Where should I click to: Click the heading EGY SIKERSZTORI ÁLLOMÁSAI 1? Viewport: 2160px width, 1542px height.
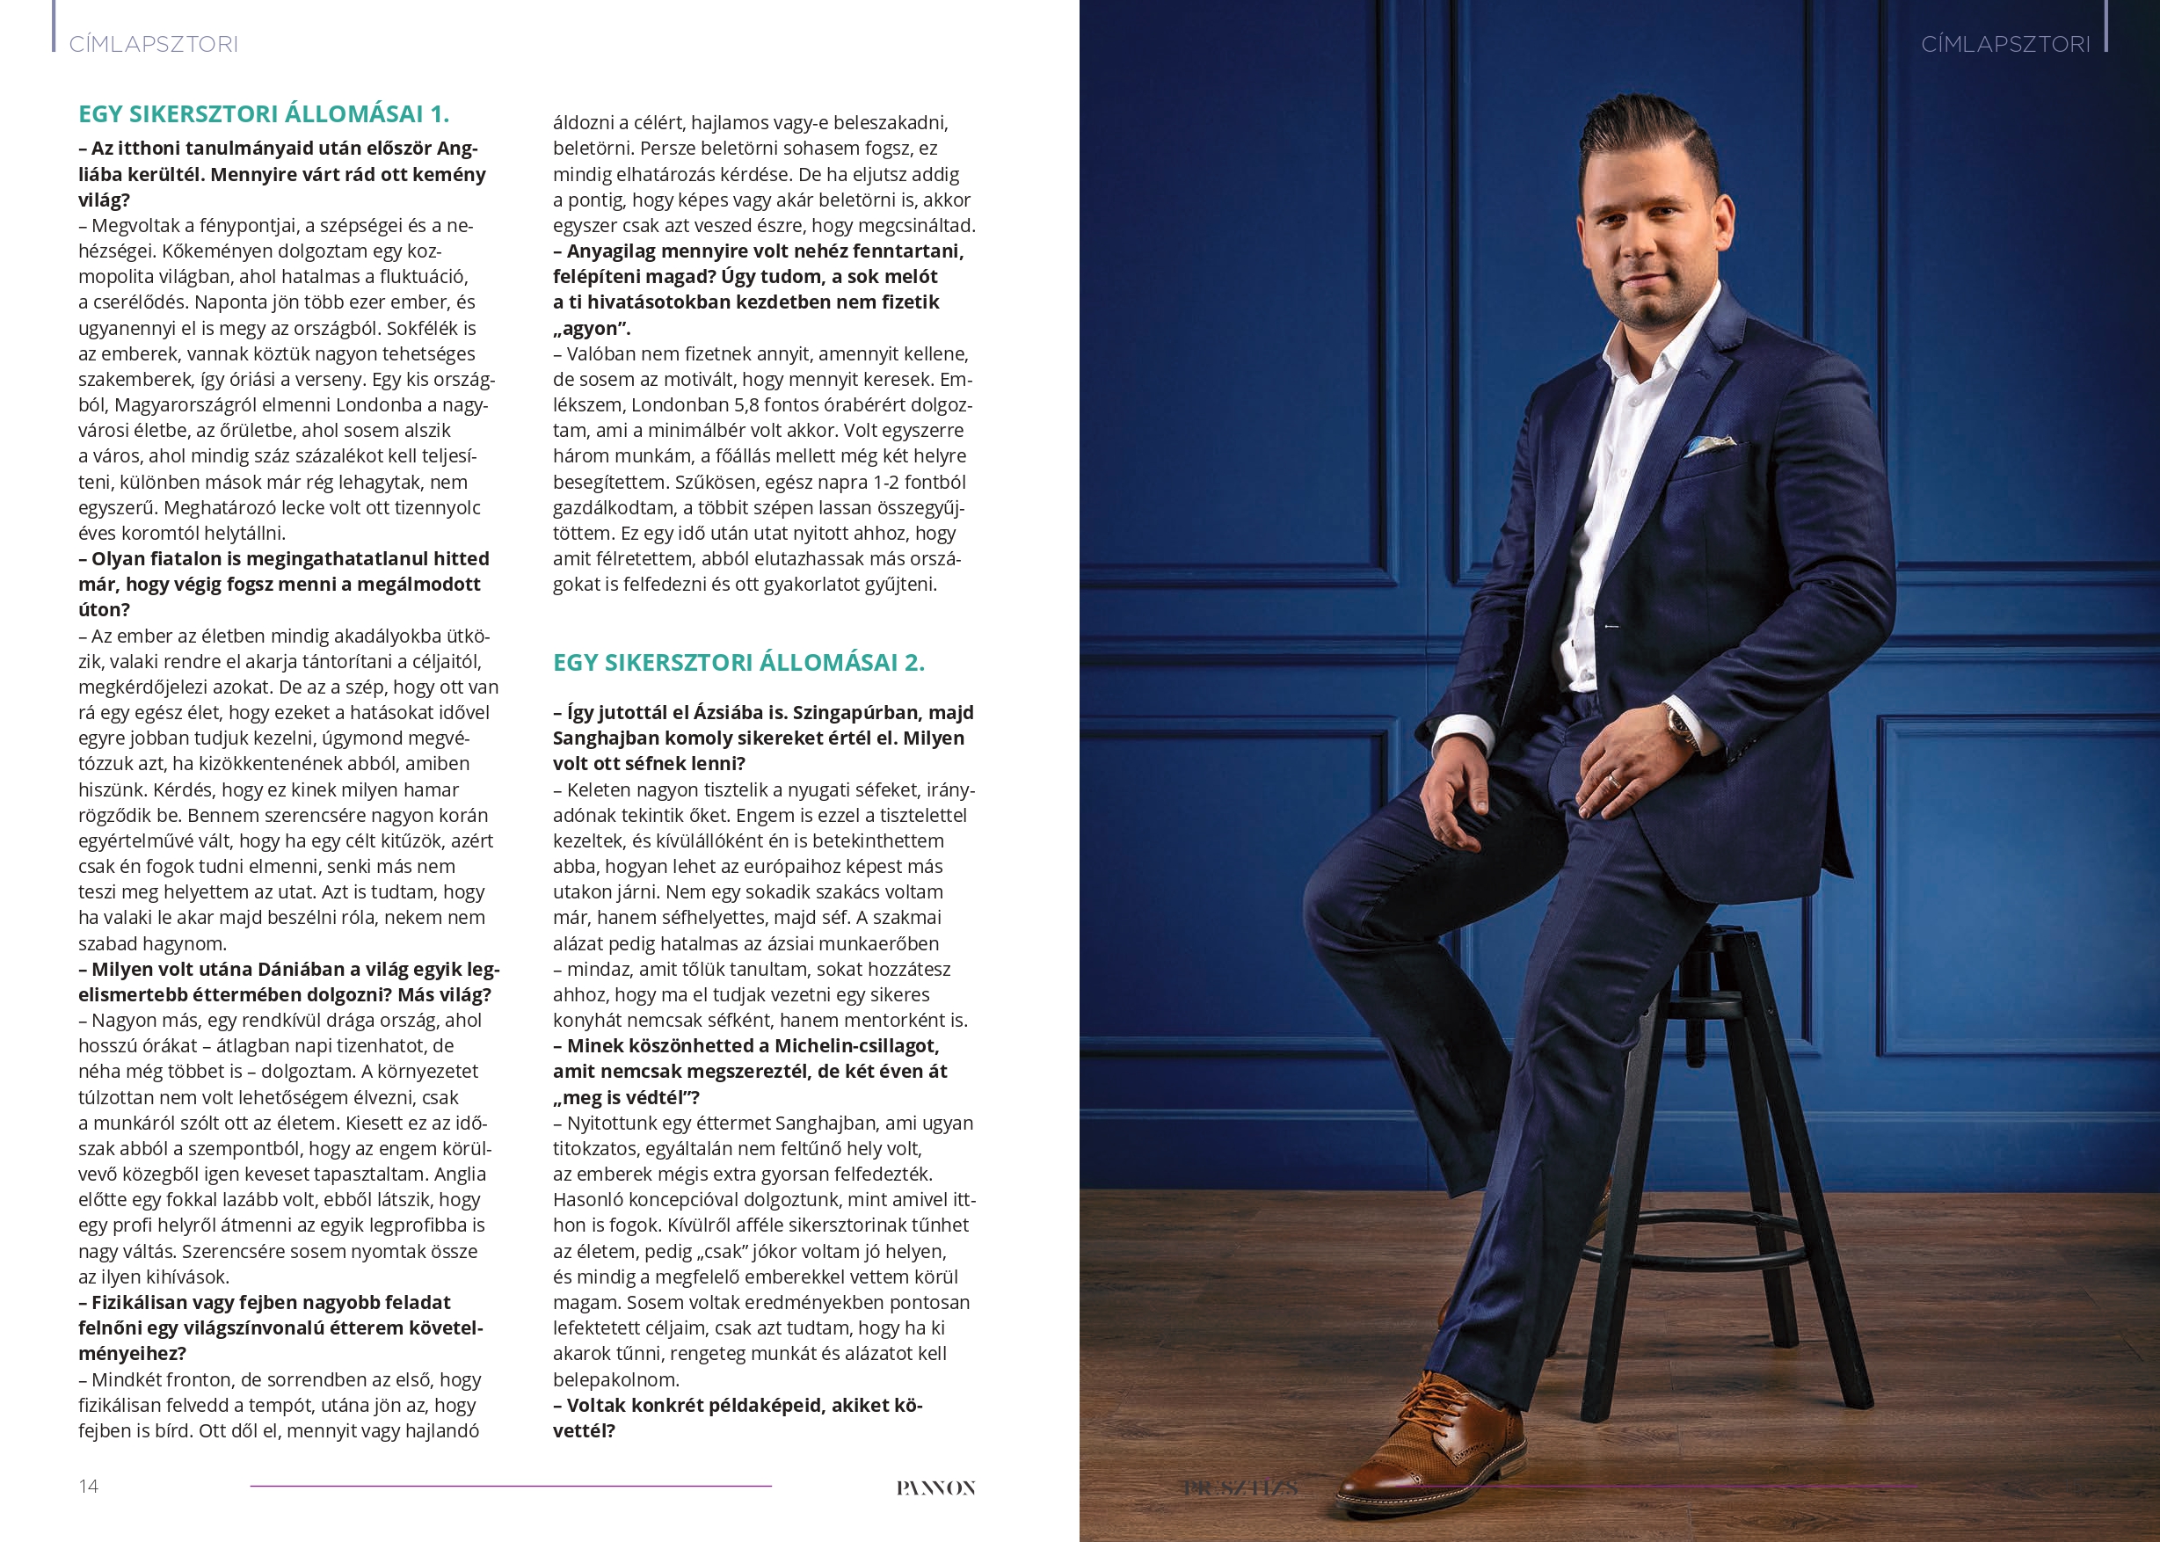(x=263, y=114)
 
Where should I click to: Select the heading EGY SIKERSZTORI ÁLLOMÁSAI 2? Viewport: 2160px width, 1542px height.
(x=738, y=662)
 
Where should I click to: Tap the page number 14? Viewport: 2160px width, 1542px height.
(x=88, y=1486)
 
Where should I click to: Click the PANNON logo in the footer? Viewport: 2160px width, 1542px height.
(x=935, y=1487)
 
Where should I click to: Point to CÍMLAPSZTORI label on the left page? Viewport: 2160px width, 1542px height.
(x=153, y=45)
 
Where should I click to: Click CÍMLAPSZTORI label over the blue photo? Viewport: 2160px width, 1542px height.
(x=2005, y=45)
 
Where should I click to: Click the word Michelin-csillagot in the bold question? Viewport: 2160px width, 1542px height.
(x=856, y=1045)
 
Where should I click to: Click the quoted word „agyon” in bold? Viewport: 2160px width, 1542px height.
(x=591, y=329)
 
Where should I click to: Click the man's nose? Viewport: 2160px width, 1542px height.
(x=1640, y=249)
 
